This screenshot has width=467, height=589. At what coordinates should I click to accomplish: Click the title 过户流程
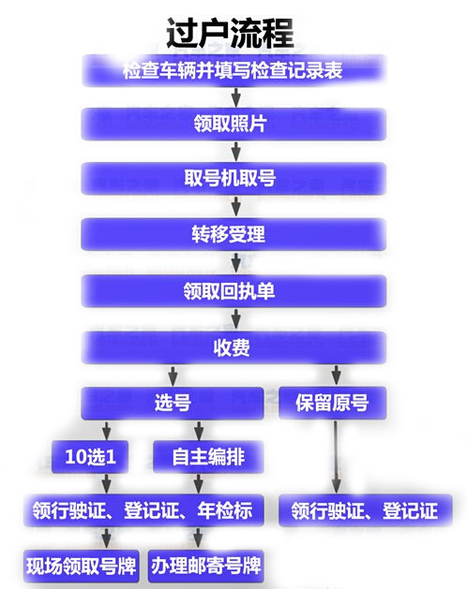(x=230, y=33)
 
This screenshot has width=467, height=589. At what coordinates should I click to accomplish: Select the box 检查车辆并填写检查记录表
(x=233, y=70)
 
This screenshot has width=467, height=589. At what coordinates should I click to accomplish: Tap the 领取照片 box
(x=233, y=124)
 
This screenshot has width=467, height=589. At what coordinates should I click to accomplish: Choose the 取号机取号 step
(x=233, y=179)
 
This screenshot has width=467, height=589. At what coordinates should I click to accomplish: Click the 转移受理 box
(x=233, y=234)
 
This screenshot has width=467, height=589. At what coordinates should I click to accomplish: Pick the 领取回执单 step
(x=233, y=290)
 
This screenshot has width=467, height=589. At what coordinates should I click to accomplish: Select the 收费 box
(x=233, y=347)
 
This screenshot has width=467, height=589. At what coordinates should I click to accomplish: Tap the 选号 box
(x=173, y=403)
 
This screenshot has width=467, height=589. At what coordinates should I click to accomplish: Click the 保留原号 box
(x=333, y=403)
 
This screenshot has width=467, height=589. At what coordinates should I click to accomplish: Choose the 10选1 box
(x=90, y=457)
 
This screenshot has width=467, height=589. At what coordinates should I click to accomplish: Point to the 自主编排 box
(x=208, y=457)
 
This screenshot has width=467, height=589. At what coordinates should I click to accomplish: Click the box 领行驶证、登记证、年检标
(x=143, y=510)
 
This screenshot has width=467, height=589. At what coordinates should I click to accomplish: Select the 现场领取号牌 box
(x=82, y=567)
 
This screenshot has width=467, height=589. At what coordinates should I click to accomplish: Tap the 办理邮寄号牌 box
(x=206, y=567)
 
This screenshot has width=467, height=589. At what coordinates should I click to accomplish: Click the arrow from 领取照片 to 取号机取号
(x=236, y=151)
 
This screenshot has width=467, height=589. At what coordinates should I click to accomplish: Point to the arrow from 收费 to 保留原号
(x=337, y=375)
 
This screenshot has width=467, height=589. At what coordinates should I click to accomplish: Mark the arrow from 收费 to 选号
(x=173, y=375)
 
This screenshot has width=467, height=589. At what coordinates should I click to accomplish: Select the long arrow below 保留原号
(x=337, y=457)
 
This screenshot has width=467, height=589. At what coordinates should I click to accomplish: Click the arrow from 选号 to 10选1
(x=107, y=431)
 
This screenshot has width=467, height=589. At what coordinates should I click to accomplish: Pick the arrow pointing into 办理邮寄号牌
(x=198, y=537)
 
